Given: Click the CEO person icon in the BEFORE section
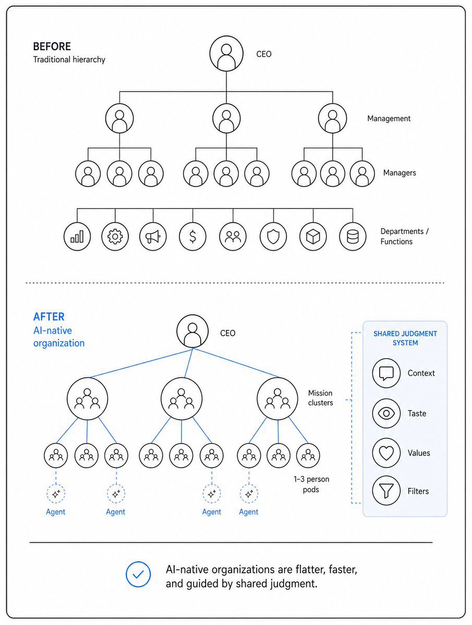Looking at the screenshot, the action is point(226,53).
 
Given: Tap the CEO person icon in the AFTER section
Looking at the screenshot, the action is point(192,331).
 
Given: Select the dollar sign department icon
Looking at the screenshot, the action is point(192,237).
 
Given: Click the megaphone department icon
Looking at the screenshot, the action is point(153,237).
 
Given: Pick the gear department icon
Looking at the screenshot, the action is point(115,237).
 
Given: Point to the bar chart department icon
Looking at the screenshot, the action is point(77,237).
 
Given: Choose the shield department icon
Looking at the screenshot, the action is point(273,237).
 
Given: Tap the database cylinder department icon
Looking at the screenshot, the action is point(353,237).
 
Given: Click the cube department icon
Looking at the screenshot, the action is point(313,237).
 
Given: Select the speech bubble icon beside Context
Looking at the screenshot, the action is point(386,373).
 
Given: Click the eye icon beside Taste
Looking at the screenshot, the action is point(386,413).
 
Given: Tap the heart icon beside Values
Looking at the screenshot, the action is point(386,453).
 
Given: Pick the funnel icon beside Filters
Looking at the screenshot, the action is point(386,491).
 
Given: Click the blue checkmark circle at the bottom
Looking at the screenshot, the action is point(138,574).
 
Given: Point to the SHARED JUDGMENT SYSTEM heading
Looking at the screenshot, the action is point(405,338).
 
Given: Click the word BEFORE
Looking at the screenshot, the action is point(52,46).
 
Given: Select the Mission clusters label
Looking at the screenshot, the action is point(321,398).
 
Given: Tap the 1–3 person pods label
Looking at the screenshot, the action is point(311,484).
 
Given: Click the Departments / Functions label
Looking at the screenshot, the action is point(404,236).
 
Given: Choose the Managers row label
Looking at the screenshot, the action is point(400,173).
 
